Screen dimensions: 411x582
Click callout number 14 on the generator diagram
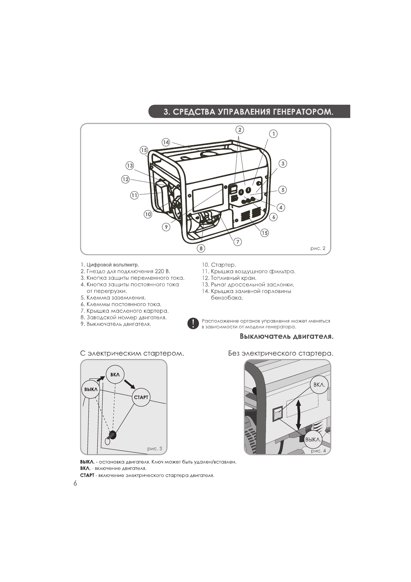coord(166,142)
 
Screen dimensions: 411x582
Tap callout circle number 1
coord(273,134)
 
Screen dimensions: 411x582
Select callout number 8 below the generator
coord(201,248)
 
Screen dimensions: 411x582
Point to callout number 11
coord(134,196)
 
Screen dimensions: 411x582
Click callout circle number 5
coord(283,190)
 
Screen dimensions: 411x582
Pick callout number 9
coord(166,227)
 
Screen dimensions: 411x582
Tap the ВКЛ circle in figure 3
coord(115,374)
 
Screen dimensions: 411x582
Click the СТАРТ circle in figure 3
coord(141,397)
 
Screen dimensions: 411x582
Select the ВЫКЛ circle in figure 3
coord(90,389)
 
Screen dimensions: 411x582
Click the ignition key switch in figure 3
coord(112,435)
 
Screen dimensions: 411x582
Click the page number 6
coord(75,484)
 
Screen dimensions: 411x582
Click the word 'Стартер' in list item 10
coord(223,265)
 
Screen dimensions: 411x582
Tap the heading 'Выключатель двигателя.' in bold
coord(287,336)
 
